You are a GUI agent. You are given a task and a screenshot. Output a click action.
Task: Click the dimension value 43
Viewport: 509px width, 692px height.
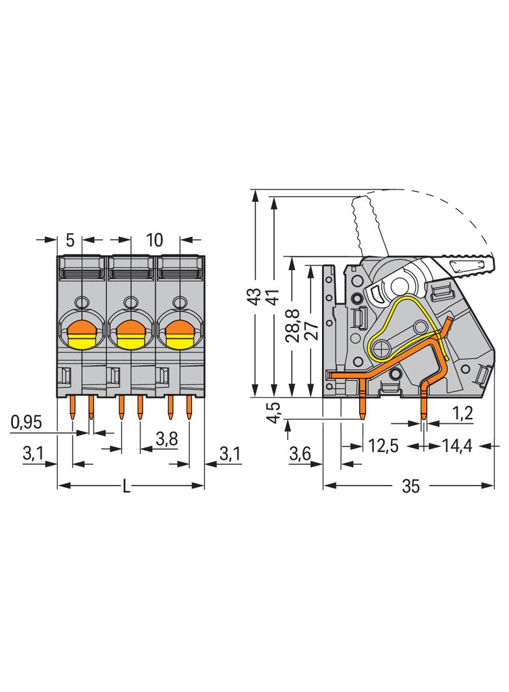(x=255, y=296)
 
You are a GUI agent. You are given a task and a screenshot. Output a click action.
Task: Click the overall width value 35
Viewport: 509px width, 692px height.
(x=410, y=486)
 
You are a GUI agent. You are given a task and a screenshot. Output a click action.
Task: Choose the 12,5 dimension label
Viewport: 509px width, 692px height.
(x=383, y=445)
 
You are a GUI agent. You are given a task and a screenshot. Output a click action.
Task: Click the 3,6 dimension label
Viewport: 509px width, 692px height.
(x=299, y=454)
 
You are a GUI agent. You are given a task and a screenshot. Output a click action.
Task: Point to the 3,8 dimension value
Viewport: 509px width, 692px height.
(x=166, y=439)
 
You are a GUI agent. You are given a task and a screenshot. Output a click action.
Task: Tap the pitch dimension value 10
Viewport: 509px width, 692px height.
(x=154, y=240)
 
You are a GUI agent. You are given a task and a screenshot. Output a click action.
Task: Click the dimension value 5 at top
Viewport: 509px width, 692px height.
(x=70, y=240)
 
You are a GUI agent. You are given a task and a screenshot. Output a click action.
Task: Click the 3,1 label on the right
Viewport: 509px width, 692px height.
(x=230, y=454)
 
